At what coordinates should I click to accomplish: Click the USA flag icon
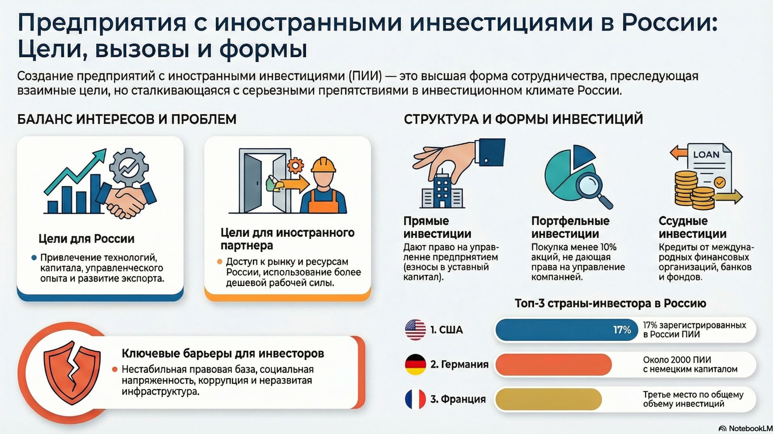click(415, 330)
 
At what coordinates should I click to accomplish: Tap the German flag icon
click(415, 364)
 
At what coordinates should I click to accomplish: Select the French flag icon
click(415, 399)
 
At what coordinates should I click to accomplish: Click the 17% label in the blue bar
click(622, 330)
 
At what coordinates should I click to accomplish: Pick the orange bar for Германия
click(553, 364)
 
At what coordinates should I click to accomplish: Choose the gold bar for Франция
click(548, 399)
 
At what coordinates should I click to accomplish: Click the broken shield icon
click(72, 372)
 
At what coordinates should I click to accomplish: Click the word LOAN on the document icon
click(706, 154)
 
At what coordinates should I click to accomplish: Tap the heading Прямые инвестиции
click(437, 227)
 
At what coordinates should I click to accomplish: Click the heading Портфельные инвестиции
click(570, 227)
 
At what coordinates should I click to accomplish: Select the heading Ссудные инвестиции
click(692, 227)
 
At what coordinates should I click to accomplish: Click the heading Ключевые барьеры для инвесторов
click(223, 354)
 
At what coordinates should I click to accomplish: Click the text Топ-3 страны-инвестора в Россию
click(610, 303)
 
